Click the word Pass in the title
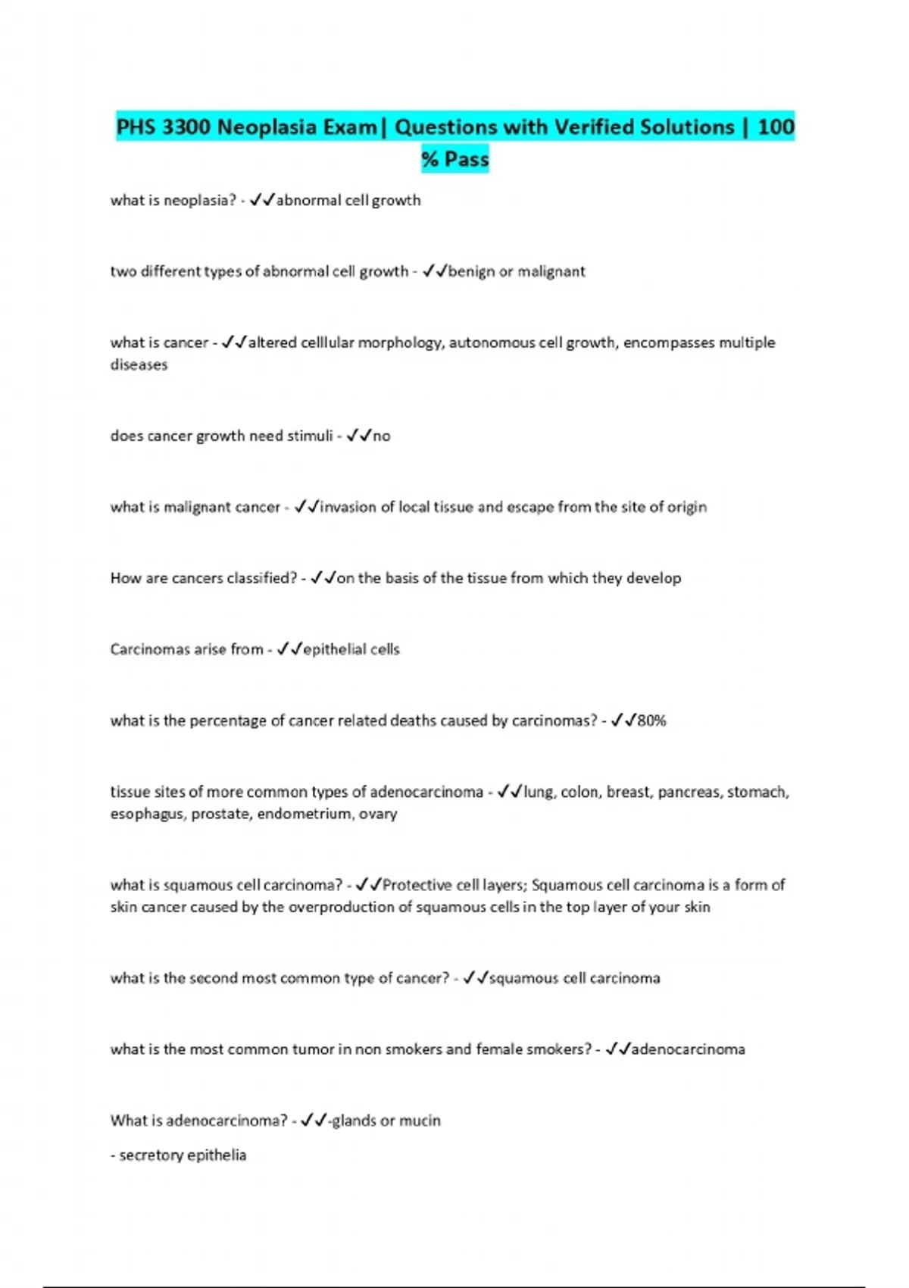point(466,159)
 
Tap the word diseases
point(139,364)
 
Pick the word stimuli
point(310,436)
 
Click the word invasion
point(348,507)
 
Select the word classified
point(257,578)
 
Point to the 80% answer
point(651,721)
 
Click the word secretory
point(151,1155)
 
